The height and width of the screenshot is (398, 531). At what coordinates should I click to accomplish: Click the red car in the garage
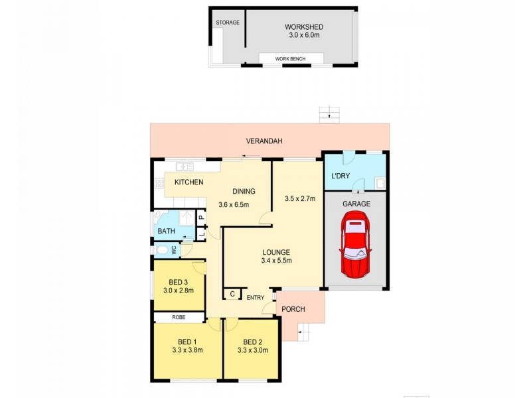pyautogui.click(x=356, y=245)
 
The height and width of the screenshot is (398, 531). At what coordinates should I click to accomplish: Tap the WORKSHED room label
pyautogui.click(x=303, y=27)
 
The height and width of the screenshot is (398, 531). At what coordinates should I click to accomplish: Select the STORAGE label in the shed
pyautogui.click(x=227, y=23)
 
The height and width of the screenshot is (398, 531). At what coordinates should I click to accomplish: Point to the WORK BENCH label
pyautogui.click(x=293, y=59)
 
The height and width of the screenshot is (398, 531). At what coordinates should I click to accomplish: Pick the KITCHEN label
pyautogui.click(x=189, y=182)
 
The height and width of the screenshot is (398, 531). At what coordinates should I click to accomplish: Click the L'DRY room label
pyautogui.click(x=342, y=176)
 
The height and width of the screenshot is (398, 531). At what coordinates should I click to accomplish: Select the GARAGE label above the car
pyautogui.click(x=356, y=204)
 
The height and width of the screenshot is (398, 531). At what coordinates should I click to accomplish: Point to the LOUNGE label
pyautogui.click(x=276, y=251)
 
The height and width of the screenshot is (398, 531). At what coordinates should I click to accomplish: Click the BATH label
pyautogui.click(x=166, y=232)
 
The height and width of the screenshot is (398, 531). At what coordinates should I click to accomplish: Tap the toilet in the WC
pyautogui.click(x=161, y=250)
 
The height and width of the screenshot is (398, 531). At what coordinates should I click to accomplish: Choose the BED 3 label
pyautogui.click(x=177, y=281)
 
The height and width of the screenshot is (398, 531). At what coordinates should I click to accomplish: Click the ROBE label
pyautogui.click(x=179, y=318)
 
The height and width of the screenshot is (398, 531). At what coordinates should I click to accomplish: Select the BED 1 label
pyautogui.click(x=187, y=342)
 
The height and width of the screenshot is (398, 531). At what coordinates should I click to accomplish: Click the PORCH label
pyautogui.click(x=293, y=310)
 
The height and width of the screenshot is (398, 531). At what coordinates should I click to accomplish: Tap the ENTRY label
pyautogui.click(x=256, y=297)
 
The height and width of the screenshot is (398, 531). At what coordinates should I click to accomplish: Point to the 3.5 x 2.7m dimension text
pyautogui.click(x=299, y=198)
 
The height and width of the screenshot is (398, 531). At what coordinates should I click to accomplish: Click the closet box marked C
pyautogui.click(x=232, y=294)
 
